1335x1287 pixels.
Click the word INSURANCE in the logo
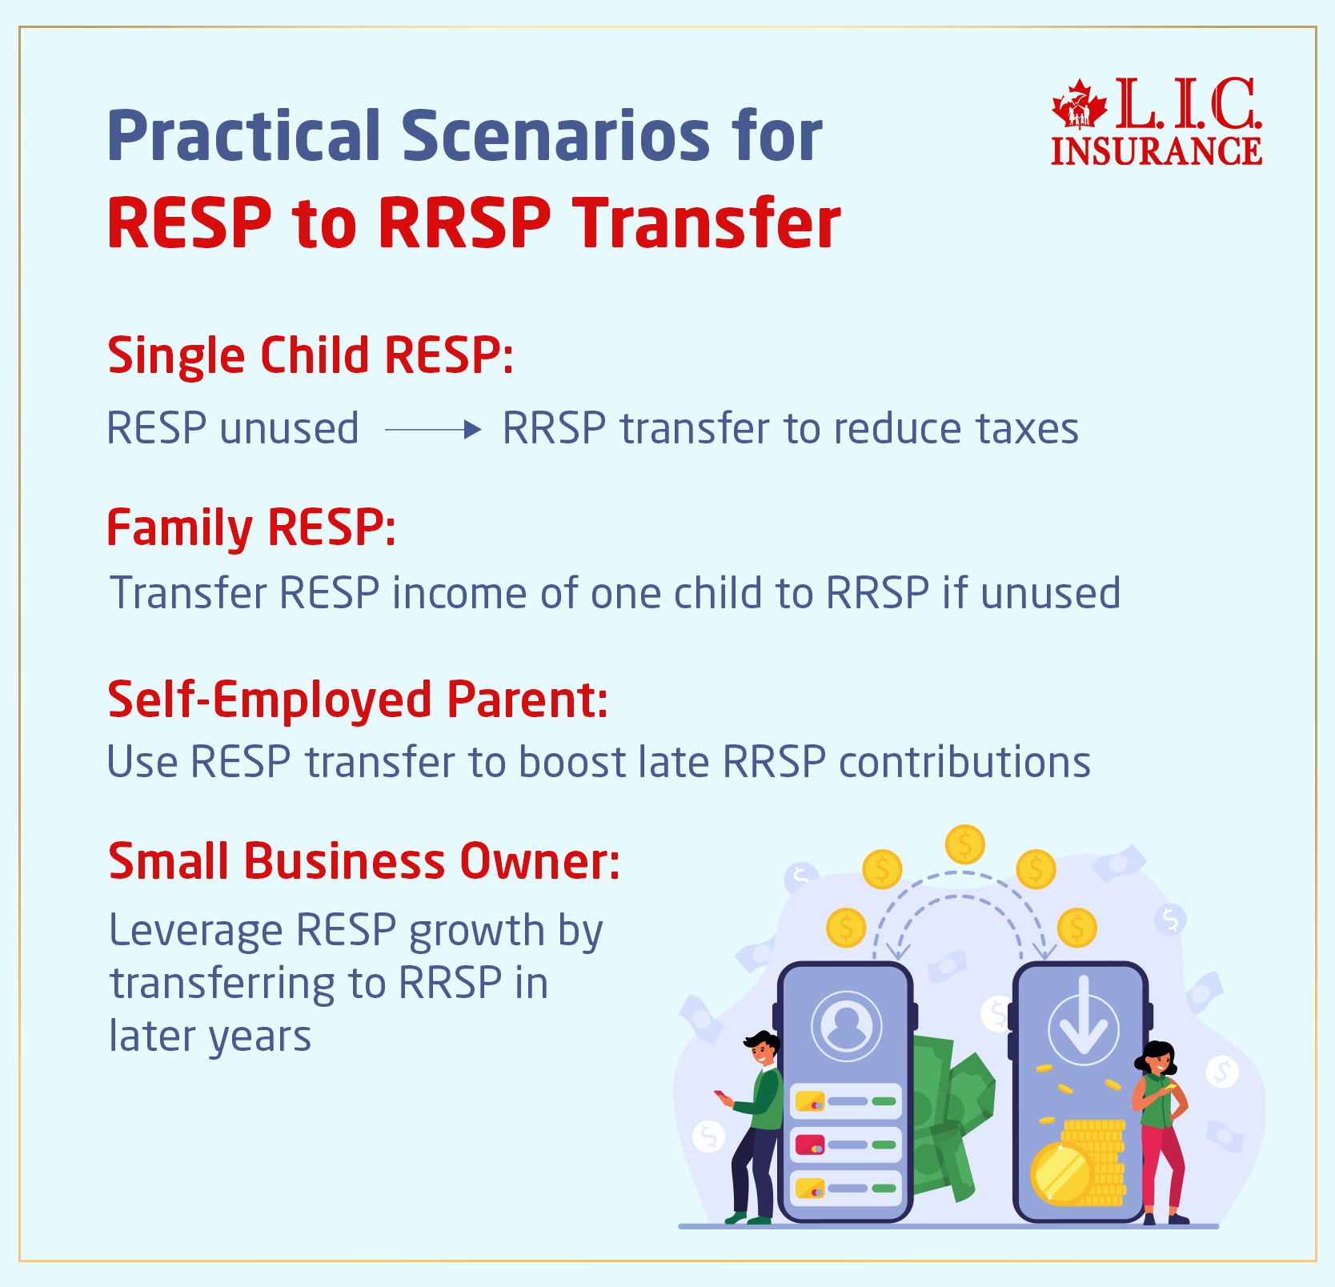pos(1156,151)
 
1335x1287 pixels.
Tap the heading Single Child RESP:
pos(310,356)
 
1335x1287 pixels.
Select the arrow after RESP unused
pos(432,430)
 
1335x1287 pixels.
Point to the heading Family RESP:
pos(251,528)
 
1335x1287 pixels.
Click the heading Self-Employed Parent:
pos(358,700)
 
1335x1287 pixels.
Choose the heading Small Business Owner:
pos(364,861)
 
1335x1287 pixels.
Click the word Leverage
pos(196,931)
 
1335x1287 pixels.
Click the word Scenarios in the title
pos(555,136)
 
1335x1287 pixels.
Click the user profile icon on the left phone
pos(846,1025)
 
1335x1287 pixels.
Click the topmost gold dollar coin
pos(964,844)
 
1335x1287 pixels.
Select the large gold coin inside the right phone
pos(1061,1173)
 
